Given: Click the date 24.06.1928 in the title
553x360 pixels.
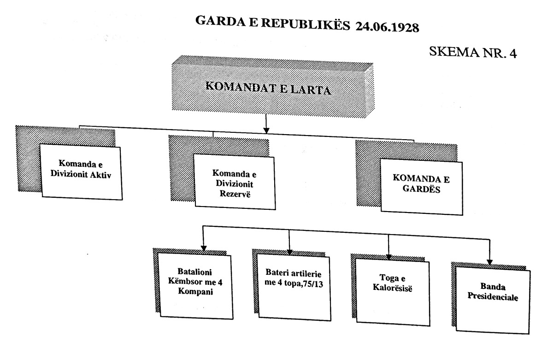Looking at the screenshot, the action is pyautogui.click(x=387, y=27).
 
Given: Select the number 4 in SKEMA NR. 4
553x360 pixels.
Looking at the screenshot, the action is pyautogui.click(x=513, y=54).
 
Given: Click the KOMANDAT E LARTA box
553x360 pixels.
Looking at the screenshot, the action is pyautogui.click(x=273, y=86).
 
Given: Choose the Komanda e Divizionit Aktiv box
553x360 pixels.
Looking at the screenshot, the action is pyautogui.click(x=81, y=172).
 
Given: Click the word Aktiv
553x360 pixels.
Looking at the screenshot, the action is pyautogui.click(x=100, y=175).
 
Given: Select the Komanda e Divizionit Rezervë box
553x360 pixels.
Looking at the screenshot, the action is pyautogui.click(x=235, y=182).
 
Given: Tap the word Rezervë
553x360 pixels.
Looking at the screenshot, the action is pyautogui.click(x=235, y=194).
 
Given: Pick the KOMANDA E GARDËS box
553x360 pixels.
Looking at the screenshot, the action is pyautogui.click(x=421, y=187).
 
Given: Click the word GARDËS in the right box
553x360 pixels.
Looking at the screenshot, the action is pyautogui.click(x=421, y=189).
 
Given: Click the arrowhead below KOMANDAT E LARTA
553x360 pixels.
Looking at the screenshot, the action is pyautogui.click(x=266, y=130).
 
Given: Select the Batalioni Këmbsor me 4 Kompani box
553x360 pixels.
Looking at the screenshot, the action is pyautogui.click(x=195, y=286).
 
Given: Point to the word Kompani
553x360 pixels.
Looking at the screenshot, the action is pyautogui.click(x=195, y=292).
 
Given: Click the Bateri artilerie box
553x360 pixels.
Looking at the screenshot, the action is pyautogui.click(x=294, y=288).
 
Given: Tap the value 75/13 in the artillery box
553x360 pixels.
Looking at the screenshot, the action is pyautogui.click(x=313, y=284).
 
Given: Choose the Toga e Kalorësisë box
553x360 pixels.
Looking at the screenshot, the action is pyautogui.click(x=393, y=292).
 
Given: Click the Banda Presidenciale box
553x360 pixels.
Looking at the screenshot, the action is pyautogui.click(x=493, y=300).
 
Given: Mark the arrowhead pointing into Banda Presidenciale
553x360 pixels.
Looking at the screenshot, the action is pyautogui.click(x=489, y=262).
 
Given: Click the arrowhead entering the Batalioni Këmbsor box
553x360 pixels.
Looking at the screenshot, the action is pyautogui.click(x=203, y=248).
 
